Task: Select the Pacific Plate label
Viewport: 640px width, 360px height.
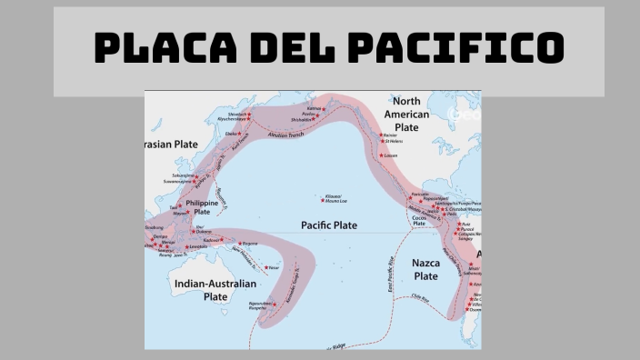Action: click(329, 225)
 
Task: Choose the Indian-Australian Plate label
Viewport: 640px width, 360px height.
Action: click(215, 290)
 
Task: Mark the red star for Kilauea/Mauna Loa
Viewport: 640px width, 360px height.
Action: click(327, 195)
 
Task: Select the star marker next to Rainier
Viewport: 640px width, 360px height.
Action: click(380, 134)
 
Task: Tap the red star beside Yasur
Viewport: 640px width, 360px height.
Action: click(264, 267)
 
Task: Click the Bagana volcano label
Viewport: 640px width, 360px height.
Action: click(251, 243)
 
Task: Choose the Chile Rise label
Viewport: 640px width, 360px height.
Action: click(419, 295)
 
